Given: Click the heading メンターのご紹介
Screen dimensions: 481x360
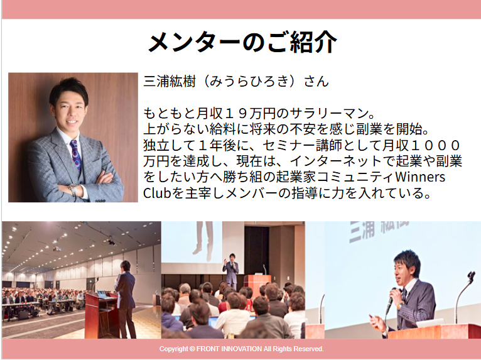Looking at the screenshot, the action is [x=242, y=42].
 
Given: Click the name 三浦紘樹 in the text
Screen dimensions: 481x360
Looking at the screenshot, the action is [x=170, y=81].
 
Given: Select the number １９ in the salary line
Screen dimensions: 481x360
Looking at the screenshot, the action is [x=236, y=114].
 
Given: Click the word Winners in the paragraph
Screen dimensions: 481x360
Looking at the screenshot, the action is [x=420, y=177].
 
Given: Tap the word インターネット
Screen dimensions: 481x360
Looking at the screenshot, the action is [x=330, y=161].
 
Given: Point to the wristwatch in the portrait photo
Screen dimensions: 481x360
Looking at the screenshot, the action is [x=73, y=190].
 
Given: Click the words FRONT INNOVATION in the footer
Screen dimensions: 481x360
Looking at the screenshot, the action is [x=229, y=349].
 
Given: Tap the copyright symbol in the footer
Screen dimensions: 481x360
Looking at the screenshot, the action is [x=192, y=349].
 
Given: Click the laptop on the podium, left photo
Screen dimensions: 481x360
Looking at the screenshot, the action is [x=102, y=295].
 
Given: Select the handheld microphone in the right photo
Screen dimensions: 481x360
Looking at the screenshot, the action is [x=391, y=300].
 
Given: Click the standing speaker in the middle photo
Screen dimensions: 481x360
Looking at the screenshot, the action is [x=231, y=272].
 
